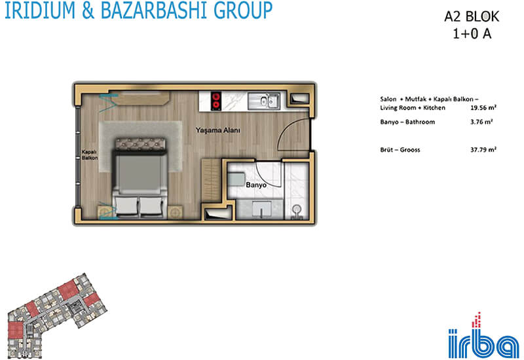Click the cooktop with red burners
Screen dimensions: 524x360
pyautogui.click(x=216, y=101)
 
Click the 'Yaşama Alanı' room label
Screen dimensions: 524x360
pyautogui.click(x=218, y=130)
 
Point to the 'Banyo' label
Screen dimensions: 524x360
pyautogui.click(x=256, y=185)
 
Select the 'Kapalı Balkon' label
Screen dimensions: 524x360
pyautogui.click(x=90, y=155)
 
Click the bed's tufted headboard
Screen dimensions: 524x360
pyautogui.click(x=141, y=143)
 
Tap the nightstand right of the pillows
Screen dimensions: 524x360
pyautogui.click(x=175, y=212)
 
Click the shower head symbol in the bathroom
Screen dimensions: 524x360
pyautogui.click(x=297, y=210)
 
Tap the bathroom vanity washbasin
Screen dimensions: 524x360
pyautogui.click(x=261, y=209)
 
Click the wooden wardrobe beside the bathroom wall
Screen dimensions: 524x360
pyautogui.click(x=212, y=181)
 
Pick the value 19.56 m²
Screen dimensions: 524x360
pyautogui.click(x=483, y=107)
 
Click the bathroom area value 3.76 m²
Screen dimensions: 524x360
pyautogui.click(x=481, y=122)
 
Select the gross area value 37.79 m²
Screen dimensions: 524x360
pyautogui.click(x=483, y=150)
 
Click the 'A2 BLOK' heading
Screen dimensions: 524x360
pyautogui.click(x=472, y=17)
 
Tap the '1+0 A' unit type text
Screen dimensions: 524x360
pyautogui.click(x=472, y=34)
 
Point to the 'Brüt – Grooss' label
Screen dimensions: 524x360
pyautogui.click(x=400, y=150)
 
